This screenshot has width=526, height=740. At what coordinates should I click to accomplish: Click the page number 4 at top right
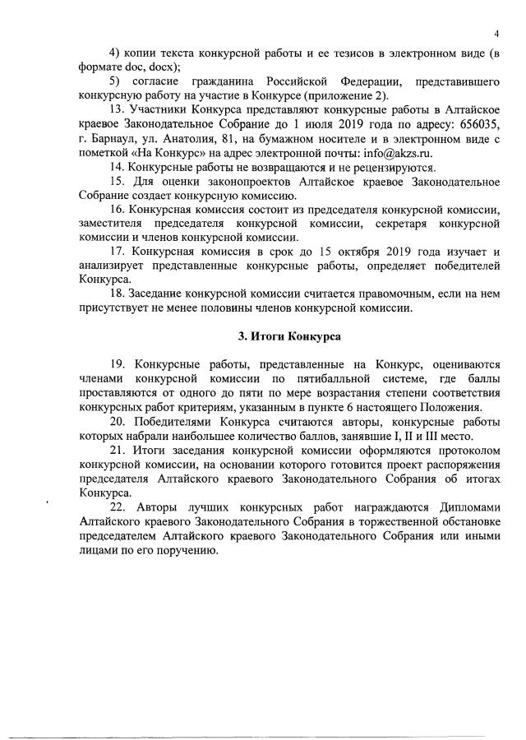click(x=497, y=33)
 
